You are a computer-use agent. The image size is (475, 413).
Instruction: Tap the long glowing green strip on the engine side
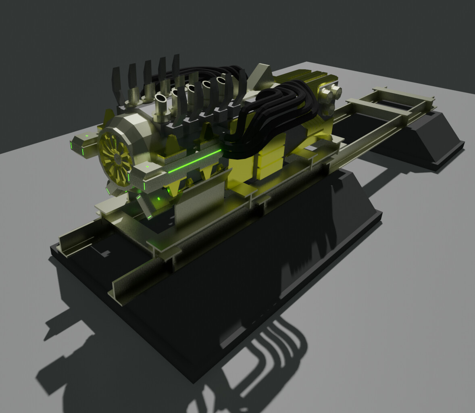coord(195,162)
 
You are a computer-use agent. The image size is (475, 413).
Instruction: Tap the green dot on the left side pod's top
coord(86,137)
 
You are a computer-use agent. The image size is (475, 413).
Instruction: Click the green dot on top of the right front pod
coord(148,166)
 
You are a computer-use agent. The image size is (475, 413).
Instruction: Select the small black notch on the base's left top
coord(106,253)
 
